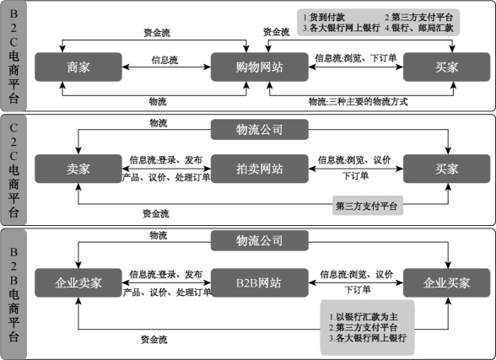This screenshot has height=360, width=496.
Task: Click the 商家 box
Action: tap(78, 67)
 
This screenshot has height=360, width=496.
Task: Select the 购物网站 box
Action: tap(260, 67)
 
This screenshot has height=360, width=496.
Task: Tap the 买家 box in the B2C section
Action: tap(446, 67)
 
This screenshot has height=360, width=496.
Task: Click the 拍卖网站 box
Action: tap(260, 169)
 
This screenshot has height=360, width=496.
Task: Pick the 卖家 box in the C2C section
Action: tap(78, 169)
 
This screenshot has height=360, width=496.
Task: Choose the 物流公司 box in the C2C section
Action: tap(260, 129)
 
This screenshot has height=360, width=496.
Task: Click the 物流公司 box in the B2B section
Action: tap(260, 240)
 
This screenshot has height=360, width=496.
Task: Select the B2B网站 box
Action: tap(260, 283)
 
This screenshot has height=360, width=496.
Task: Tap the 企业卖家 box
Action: tap(78, 283)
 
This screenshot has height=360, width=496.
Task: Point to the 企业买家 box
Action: tap(446, 283)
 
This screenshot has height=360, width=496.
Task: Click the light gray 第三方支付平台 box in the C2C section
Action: tap(368, 206)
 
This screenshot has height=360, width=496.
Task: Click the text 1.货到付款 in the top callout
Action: tap(324, 17)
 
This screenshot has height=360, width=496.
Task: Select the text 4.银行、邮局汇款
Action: tap(418, 28)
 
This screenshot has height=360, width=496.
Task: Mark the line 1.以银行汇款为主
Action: tap(364, 317)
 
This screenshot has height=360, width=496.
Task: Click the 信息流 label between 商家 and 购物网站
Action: tap(164, 60)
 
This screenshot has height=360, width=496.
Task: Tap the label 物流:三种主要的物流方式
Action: tap(358, 102)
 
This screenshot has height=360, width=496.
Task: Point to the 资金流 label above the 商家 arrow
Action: tap(157, 33)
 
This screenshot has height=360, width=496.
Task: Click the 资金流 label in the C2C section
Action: tap(155, 213)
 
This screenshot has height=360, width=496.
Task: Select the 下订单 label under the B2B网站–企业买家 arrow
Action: tap(358, 289)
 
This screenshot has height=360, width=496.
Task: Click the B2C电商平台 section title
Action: tap(13, 56)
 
